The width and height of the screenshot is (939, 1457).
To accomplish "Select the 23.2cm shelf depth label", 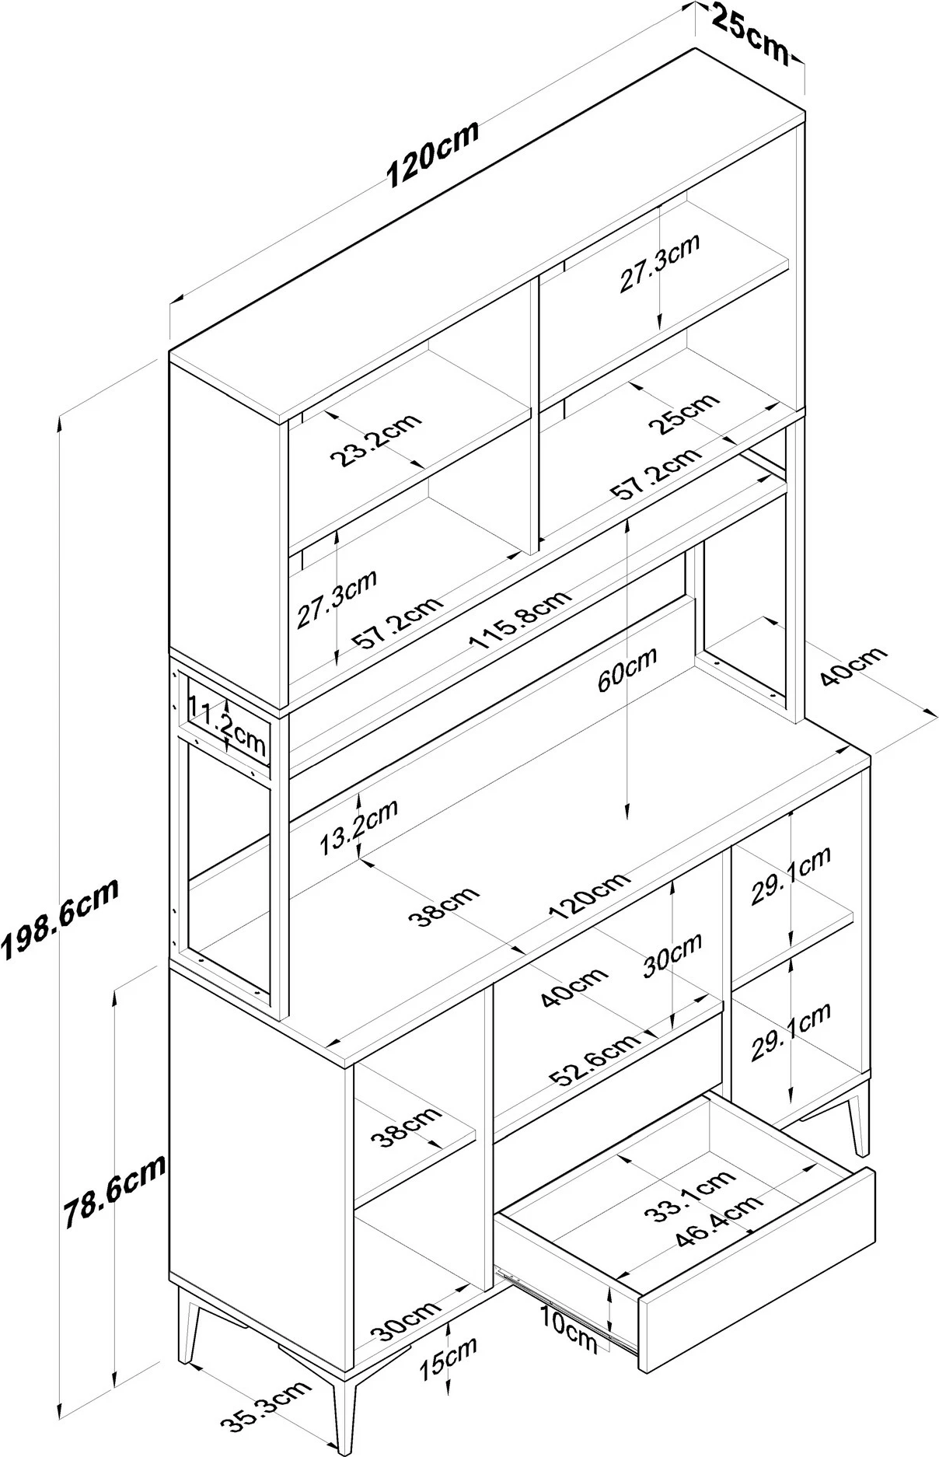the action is point(375,440).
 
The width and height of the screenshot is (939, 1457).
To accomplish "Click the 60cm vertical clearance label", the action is point(627,669).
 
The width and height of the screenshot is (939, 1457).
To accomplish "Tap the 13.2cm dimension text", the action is point(359,826).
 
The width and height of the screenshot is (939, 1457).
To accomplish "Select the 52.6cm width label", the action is point(595,1058).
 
